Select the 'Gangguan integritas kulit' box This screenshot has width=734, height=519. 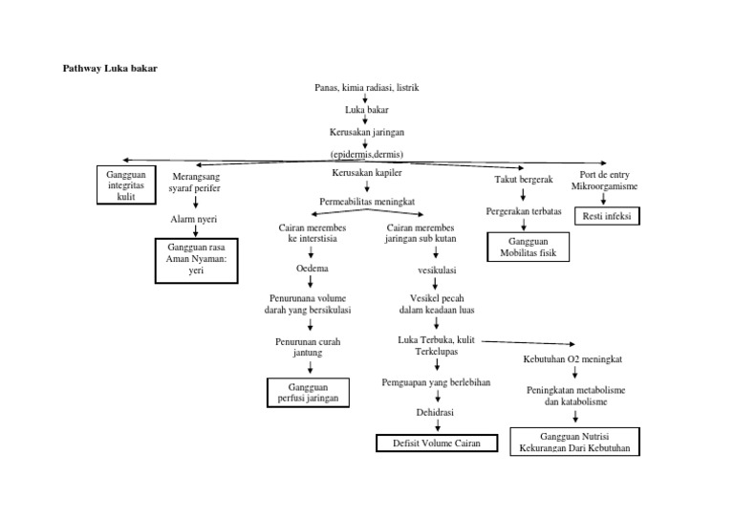tap(125, 184)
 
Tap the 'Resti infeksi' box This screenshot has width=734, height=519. tap(607, 216)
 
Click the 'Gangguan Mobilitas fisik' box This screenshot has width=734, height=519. tap(527, 248)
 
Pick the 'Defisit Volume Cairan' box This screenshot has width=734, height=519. tap(436, 443)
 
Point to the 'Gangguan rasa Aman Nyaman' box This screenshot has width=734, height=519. tap(197, 261)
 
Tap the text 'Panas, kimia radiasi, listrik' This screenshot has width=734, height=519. tap(367, 88)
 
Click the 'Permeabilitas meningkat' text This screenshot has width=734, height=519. tap(366, 202)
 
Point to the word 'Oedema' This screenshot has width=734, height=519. tap(313, 270)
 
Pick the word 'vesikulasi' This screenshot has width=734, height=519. tap(435, 270)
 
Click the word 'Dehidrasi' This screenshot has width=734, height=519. tap(435, 412)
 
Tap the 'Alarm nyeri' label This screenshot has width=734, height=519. tap(194, 220)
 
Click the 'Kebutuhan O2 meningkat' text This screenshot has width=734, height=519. tap(573, 359)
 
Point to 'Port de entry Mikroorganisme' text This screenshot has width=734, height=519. tap(604, 179)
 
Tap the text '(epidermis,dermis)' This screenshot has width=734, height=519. tap(367, 153)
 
